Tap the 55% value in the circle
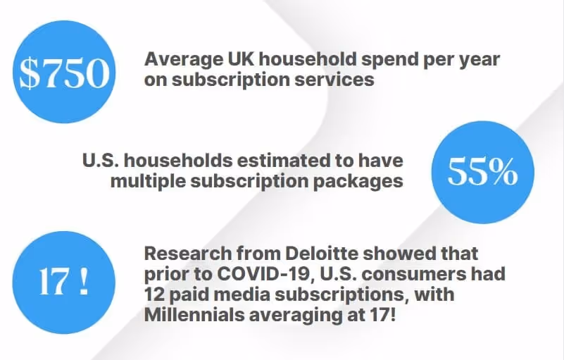482,172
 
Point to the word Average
179,59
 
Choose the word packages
358,181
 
